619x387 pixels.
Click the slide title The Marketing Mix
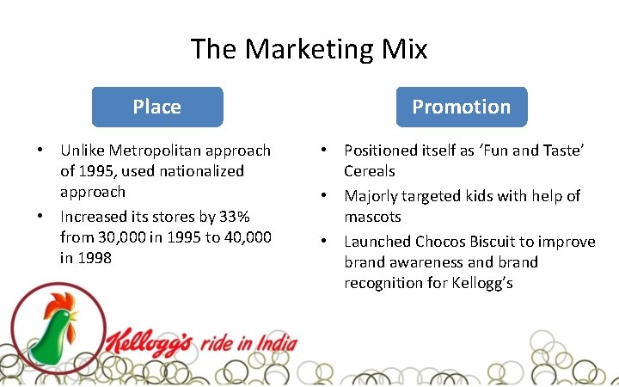pyautogui.click(x=309, y=48)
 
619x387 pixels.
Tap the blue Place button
pyautogui.click(x=156, y=107)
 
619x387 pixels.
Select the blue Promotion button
pyautogui.click(x=461, y=107)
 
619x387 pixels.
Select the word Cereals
pyautogui.click(x=370, y=171)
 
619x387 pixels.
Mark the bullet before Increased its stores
pyautogui.click(x=40, y=216)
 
